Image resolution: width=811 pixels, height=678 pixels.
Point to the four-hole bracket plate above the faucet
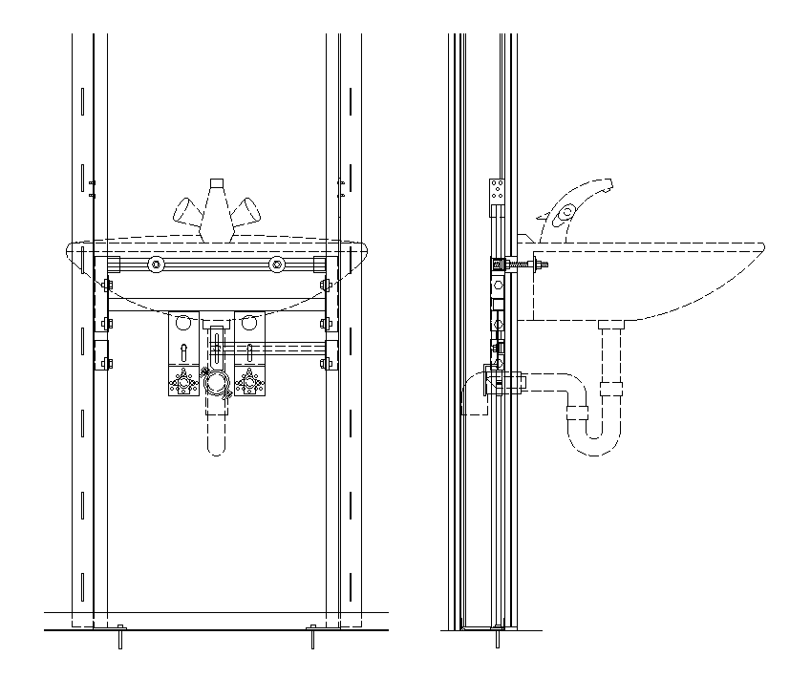(x=496, y=192)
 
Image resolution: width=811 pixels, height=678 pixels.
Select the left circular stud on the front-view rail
(x=154, y=265)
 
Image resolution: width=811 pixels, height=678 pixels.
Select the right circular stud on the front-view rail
(x=276, y=265)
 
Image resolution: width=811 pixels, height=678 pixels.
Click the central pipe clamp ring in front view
(x=215, y=384)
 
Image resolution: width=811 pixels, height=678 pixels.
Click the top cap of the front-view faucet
(x=217, y=180)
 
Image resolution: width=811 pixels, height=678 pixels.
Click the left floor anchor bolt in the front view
(x=119, y=637)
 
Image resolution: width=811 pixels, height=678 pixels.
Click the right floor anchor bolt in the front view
(x=312, y=637)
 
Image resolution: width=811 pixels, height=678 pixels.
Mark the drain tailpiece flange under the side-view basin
(x=610, y=326)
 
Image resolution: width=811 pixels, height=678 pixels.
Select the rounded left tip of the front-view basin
(x=69, y=253)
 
